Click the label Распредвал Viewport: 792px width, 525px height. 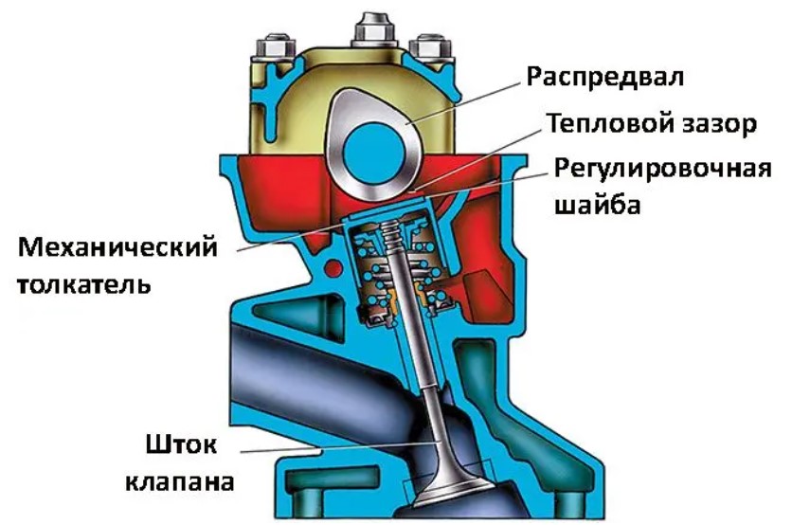click(605, 74)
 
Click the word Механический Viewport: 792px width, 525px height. click(118, 248)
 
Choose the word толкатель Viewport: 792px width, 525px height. click(84, 283)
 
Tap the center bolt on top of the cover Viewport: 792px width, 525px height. click(372, 29)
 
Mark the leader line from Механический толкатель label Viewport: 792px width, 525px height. click(284, 237)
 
